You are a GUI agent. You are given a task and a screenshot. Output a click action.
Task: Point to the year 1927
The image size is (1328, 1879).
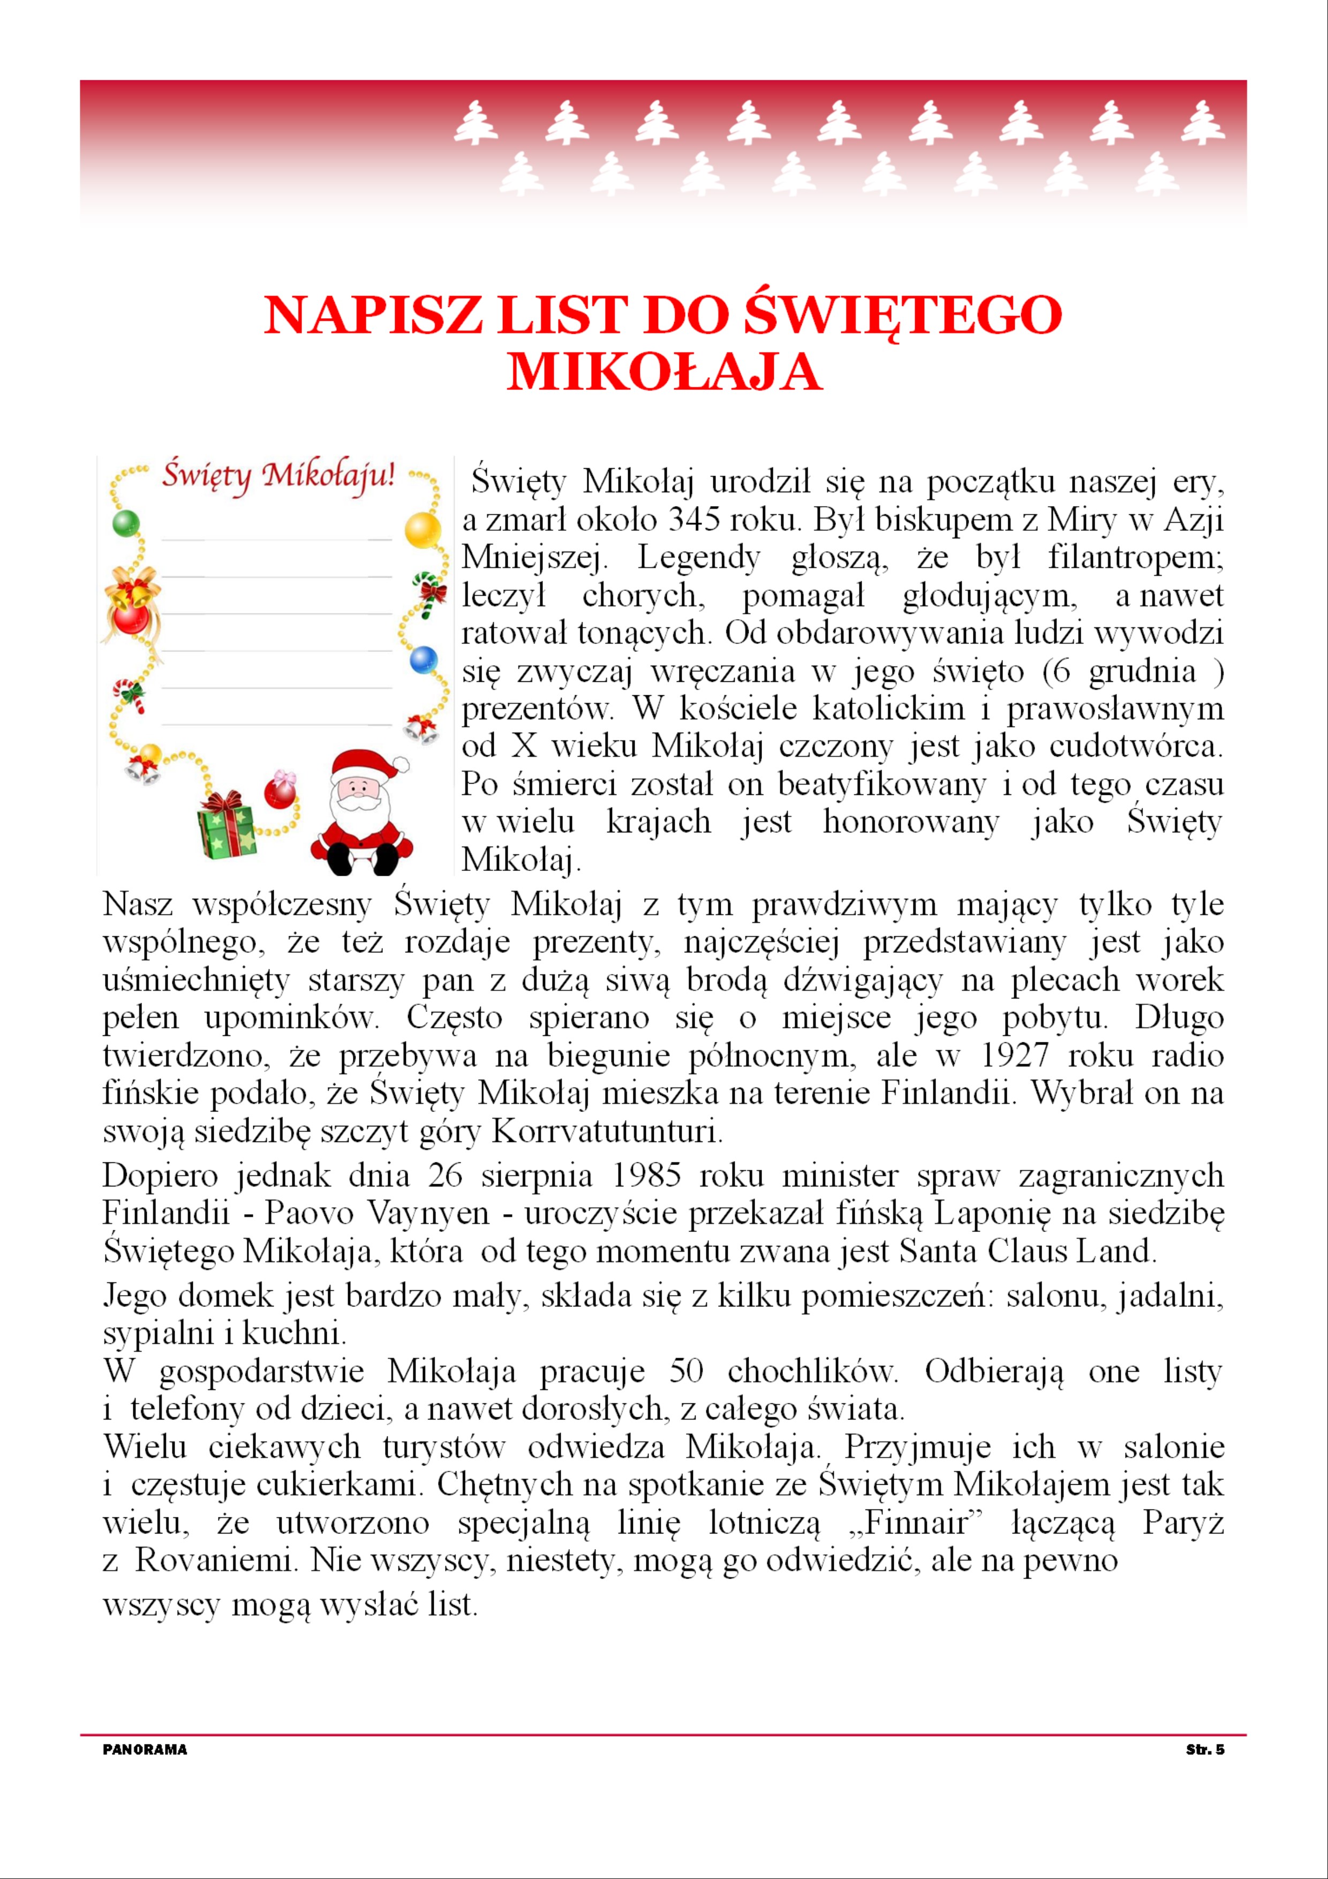(1014, 1056)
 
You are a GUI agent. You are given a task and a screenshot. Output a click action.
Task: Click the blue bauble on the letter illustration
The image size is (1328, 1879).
(424, 658)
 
